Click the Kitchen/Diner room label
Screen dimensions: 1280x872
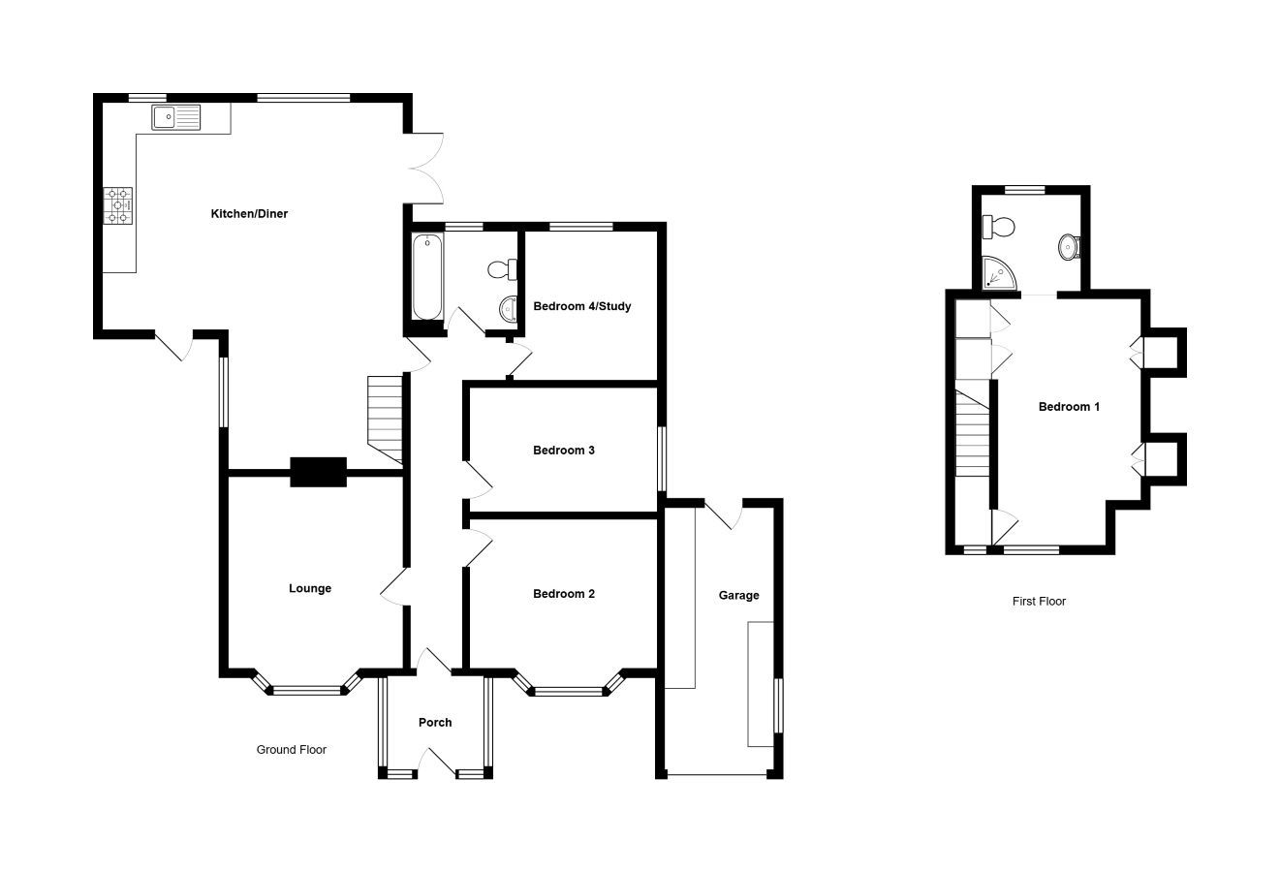pyautogui.click(x=249, y=214)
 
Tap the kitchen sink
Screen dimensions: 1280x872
pyautogui.click(x=176, y=117)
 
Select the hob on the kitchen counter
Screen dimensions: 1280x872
pyautogui.click(x=118, y=205)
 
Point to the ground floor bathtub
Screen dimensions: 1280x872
pyautogui.click(x=427, y=276)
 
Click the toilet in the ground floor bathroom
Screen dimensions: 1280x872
pyautogui.click(x=503, y=269)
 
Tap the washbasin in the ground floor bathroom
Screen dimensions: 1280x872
pyautogui.click(x=508, y=310)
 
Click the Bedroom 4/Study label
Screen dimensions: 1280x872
pyautogui.click(x=581, y=306)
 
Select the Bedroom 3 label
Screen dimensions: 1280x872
pyautogui.click(x=563, y=451)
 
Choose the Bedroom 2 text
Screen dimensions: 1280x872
pyautogui.click(x=563, y=594)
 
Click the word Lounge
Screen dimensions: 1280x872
pyautogui.click(x=310, y=588)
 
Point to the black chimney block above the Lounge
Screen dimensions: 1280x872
pyautogui.click(x=318, y=472)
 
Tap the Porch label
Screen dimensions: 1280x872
pyautogui.click(x=435, y=722)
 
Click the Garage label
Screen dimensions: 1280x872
pyautogui.click(x=739, y=596)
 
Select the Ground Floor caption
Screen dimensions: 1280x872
pyautogui.click(x=292, y=750)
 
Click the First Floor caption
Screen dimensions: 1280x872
pyautogui.click(x=1039, y=601)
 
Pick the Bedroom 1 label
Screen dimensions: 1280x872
pyautogui.click(x=1069, y=407)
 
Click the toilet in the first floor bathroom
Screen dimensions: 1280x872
pyautogui.click(x=998, y=227)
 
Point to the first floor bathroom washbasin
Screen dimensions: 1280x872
pyautogui.click(x=1069, y=247)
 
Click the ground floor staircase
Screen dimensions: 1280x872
pyautogui.click(x=385, y=420)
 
